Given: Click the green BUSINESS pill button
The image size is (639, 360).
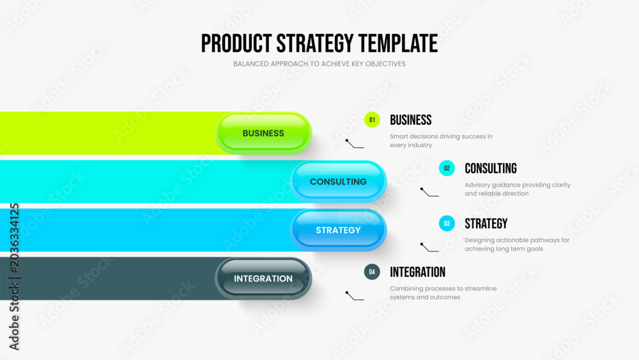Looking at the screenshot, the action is [x=263, y=133].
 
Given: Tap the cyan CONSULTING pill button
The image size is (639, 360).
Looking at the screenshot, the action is [x=338, y=182].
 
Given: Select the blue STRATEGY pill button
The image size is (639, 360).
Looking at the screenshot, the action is [x=338, y=230].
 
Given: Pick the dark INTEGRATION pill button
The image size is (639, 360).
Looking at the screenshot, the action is [x=263, y=278].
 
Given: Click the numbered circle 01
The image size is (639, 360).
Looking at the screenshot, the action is [x=372, y=120].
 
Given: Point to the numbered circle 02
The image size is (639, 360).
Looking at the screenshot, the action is [x=447, y=168].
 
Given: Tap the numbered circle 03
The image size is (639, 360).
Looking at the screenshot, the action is [x=447, y=223].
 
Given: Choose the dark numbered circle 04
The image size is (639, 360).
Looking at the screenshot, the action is [x=372, y=272].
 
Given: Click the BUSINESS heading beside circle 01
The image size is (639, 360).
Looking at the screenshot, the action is [x=411, y=120].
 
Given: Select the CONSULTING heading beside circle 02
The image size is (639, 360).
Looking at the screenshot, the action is [x=491, y=168].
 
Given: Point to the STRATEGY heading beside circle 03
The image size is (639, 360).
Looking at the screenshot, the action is [x=486, y=223].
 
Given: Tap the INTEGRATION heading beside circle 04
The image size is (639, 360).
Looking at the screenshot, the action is [x=418, y=272].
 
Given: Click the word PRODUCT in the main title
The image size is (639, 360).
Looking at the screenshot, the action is [x=236, y=43].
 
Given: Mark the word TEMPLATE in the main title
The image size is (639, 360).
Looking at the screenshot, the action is [x=398, y=43].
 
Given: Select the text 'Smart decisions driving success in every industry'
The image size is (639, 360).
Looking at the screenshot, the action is [x=442, y=141].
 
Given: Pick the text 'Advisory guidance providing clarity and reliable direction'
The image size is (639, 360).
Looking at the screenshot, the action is [x=518, y=189].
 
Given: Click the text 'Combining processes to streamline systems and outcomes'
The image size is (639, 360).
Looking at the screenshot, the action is [x=443, y=293].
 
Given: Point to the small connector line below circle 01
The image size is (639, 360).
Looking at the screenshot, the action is [x=354, y=145].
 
